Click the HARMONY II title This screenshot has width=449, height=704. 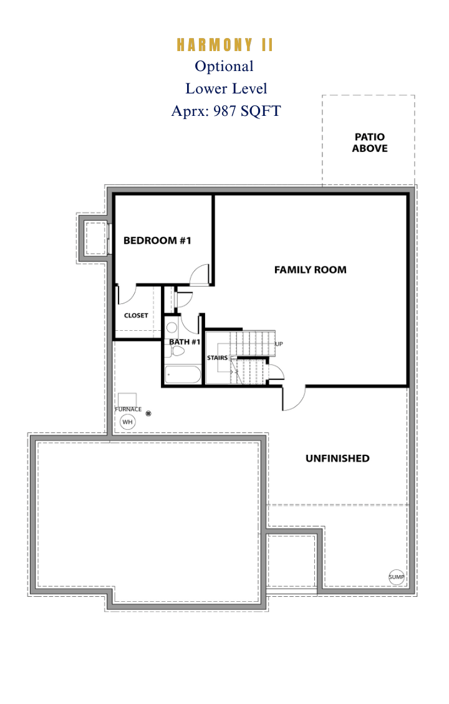tap(224, 45)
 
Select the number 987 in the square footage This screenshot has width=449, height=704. tap(224, 110)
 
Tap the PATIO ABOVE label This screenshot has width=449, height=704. tap(369, 143)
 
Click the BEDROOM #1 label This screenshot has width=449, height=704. tap(157, 240)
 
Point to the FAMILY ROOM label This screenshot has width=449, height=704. tap(311, 270)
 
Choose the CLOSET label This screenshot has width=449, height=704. tap(136, 316)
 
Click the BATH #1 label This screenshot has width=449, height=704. tap(185, 342)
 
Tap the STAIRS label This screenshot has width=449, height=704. tap(218, 358)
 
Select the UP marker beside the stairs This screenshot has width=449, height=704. tap(279, 344)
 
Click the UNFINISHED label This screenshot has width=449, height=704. tap(337, 459)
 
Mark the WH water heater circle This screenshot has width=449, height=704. tap(128, 422)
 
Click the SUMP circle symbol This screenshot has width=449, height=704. tap(397, 577)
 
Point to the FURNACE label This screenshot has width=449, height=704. tap(128, 409)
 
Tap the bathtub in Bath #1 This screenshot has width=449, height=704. tap(183, 375)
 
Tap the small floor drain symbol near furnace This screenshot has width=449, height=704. tap(149, 414)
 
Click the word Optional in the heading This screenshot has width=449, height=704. tap(224, 67)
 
